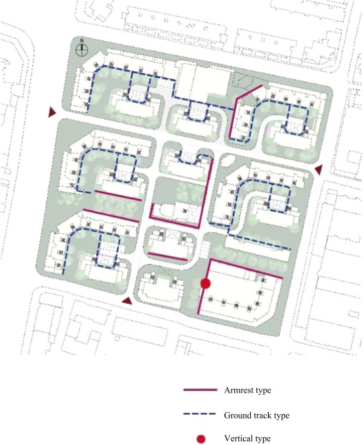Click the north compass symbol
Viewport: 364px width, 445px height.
(x=82, y=50)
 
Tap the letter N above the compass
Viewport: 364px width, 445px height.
(x=82, y=41)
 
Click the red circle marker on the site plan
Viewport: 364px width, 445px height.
(x=206, y=283)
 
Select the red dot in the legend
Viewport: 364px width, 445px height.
(x=201, y=439)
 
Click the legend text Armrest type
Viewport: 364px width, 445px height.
(x=247, y=391)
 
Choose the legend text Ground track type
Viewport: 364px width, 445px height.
(x=257, y=415)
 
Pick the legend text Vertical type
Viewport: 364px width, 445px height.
(x=247, y=439)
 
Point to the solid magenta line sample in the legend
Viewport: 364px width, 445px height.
(x=201, y=390)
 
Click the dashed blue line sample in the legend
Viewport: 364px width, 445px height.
(x=201, y=414)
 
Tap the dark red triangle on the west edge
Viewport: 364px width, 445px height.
(x=52, y=112)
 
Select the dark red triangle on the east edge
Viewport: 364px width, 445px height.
(x=319, y=169)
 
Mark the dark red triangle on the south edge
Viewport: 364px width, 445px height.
(x=128, y=301)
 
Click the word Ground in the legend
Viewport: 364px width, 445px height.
(x=236, y=415)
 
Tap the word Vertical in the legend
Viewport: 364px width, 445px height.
(x=239, y=439)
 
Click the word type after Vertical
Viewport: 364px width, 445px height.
(x=263, y=439)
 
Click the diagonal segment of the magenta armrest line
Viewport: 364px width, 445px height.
(x=249, y=92)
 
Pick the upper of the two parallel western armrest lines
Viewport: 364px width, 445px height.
(x=118, y=195)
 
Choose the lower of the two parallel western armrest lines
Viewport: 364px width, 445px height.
(x=111, y=216)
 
